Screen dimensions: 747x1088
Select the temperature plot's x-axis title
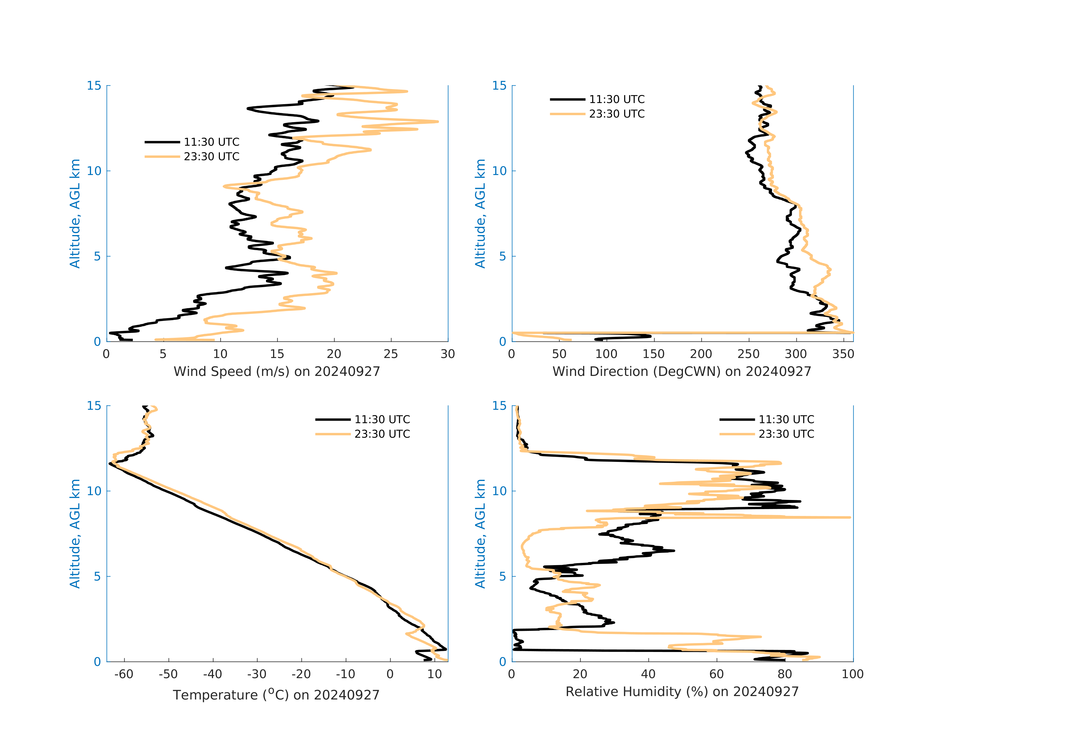pyautogui.click(x=276, y=695)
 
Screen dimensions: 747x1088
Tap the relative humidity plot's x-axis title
pyautogui.click(x=682, y=692)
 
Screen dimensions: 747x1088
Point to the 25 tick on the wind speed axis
pyautogui.click(x=391, y=354)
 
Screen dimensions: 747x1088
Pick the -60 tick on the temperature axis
pyautogui.click(x=124, y=674)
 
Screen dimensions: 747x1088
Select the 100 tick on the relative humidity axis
pyautogui.click(x=852, y=674)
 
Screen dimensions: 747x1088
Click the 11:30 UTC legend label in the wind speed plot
pyautogui.click(x=212, y=142)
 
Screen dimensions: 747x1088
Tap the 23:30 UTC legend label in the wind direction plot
pyautogui.click(x=617, y=114)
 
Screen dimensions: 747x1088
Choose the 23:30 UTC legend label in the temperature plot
pyautogui.click(x=382, y=434)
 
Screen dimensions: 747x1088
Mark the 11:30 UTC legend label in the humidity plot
pyautogui.click(x=786, y=420)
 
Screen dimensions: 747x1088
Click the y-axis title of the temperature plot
pyautogui.click(x=75, y=534)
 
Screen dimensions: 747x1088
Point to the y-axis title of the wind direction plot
pyautogui.click(x=480, y=213)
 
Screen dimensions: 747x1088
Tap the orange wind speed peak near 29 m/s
pyautogui.click(x=437, y=122)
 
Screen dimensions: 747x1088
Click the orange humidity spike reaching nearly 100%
pyautogui.click(x=849, y=518)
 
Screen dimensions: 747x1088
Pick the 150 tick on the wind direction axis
pyautogui.click(x=654, y=354)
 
